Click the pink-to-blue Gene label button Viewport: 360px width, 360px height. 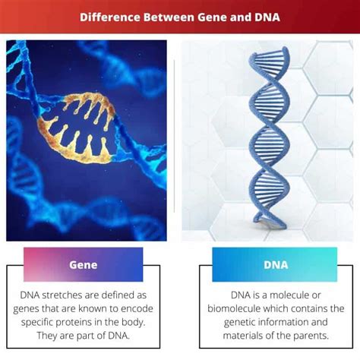pyautogui.click(x=83, y=265)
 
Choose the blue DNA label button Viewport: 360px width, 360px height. pyautogui.click(x=274, y=265)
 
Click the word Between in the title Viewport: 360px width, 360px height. pyautogui.click(x=168, y=15)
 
